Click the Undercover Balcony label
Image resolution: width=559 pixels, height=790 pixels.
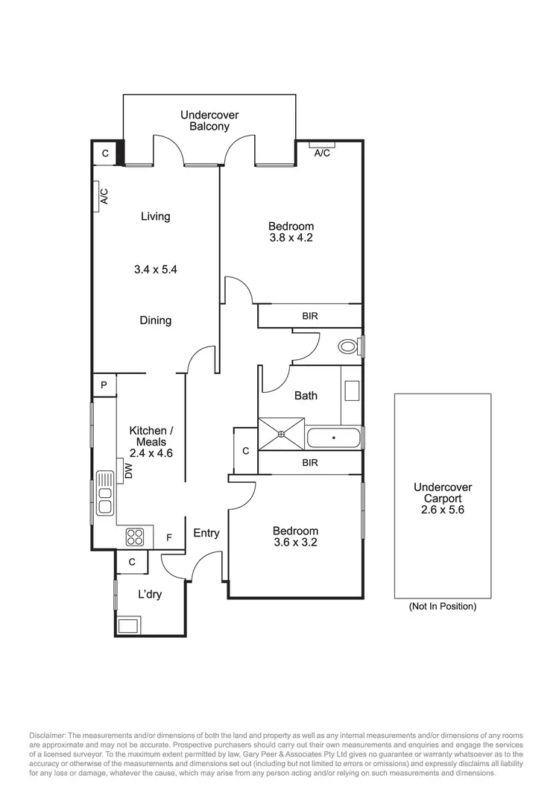(204, 121)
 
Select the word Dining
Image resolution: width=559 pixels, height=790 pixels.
(155, 320)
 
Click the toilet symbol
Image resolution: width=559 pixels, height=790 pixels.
(348, 347)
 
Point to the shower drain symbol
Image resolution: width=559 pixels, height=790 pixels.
(282, 434)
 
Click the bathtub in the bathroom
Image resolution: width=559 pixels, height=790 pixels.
(334, 437)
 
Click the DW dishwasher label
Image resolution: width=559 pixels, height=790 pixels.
(128, 471)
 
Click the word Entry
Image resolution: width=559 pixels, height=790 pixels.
(206, 533)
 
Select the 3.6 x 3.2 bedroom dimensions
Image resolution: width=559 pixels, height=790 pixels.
(295, 543)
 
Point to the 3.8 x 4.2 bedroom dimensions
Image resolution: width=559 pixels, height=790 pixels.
(291, 238)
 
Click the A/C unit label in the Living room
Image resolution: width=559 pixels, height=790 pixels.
(104, 197)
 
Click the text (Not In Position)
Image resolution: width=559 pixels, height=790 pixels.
(443, 607)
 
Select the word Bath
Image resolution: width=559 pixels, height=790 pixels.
(306, 395)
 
